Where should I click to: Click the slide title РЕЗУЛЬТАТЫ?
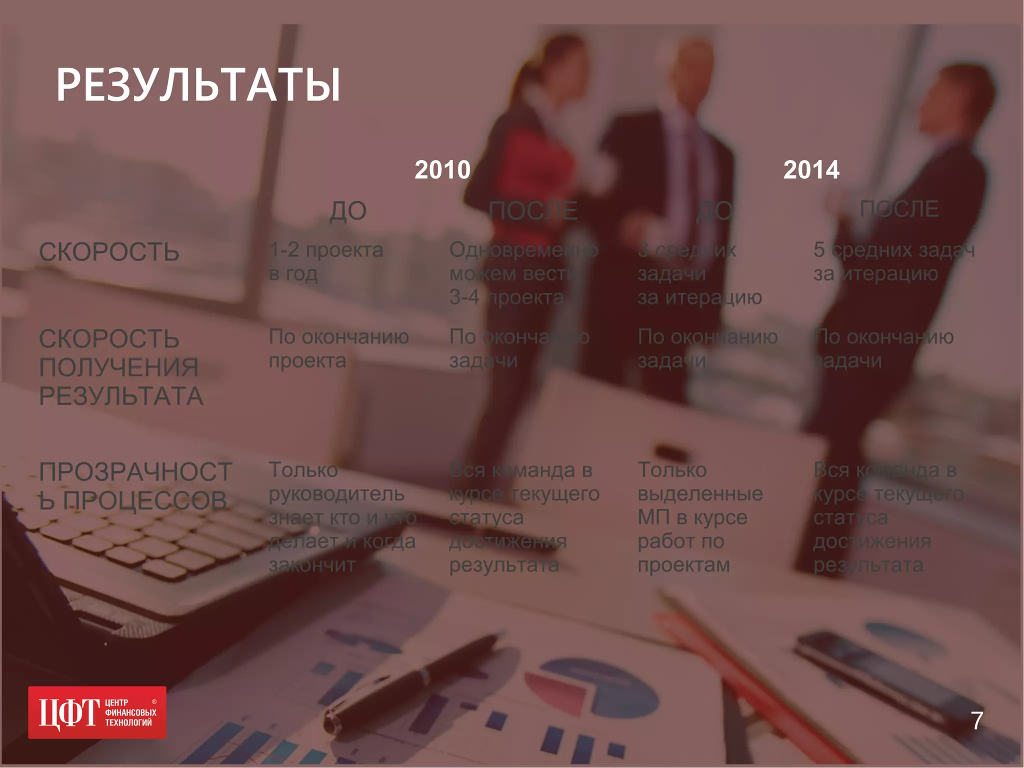click(x=198, y=85)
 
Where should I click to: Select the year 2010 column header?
click(x=442, y=170)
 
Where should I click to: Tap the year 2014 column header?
click(x=811, y=170)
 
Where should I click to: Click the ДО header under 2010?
click(x=348, y=211)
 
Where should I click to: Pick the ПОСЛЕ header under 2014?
click(x=898, y=209)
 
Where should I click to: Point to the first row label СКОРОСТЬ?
click(x=109, y=251)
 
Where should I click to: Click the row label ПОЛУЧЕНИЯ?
click(x=119, y=367)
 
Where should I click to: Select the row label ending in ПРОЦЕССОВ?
click(x=133, y=500)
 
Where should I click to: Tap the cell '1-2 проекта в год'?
click(x=326, y=261)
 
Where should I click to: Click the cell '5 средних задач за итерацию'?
click(x=894, y=261)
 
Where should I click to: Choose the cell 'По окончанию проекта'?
click(x=338, y=348)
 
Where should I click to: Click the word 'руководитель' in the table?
click(x=336, y=494)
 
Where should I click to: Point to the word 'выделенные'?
click(x=700, y=494)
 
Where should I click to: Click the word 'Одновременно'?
click(x=523, y=250)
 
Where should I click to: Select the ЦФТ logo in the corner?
click(x=97, y=712)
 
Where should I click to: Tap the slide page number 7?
click(x=977, y=720)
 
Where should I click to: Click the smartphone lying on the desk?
click(x=865, y=665)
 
